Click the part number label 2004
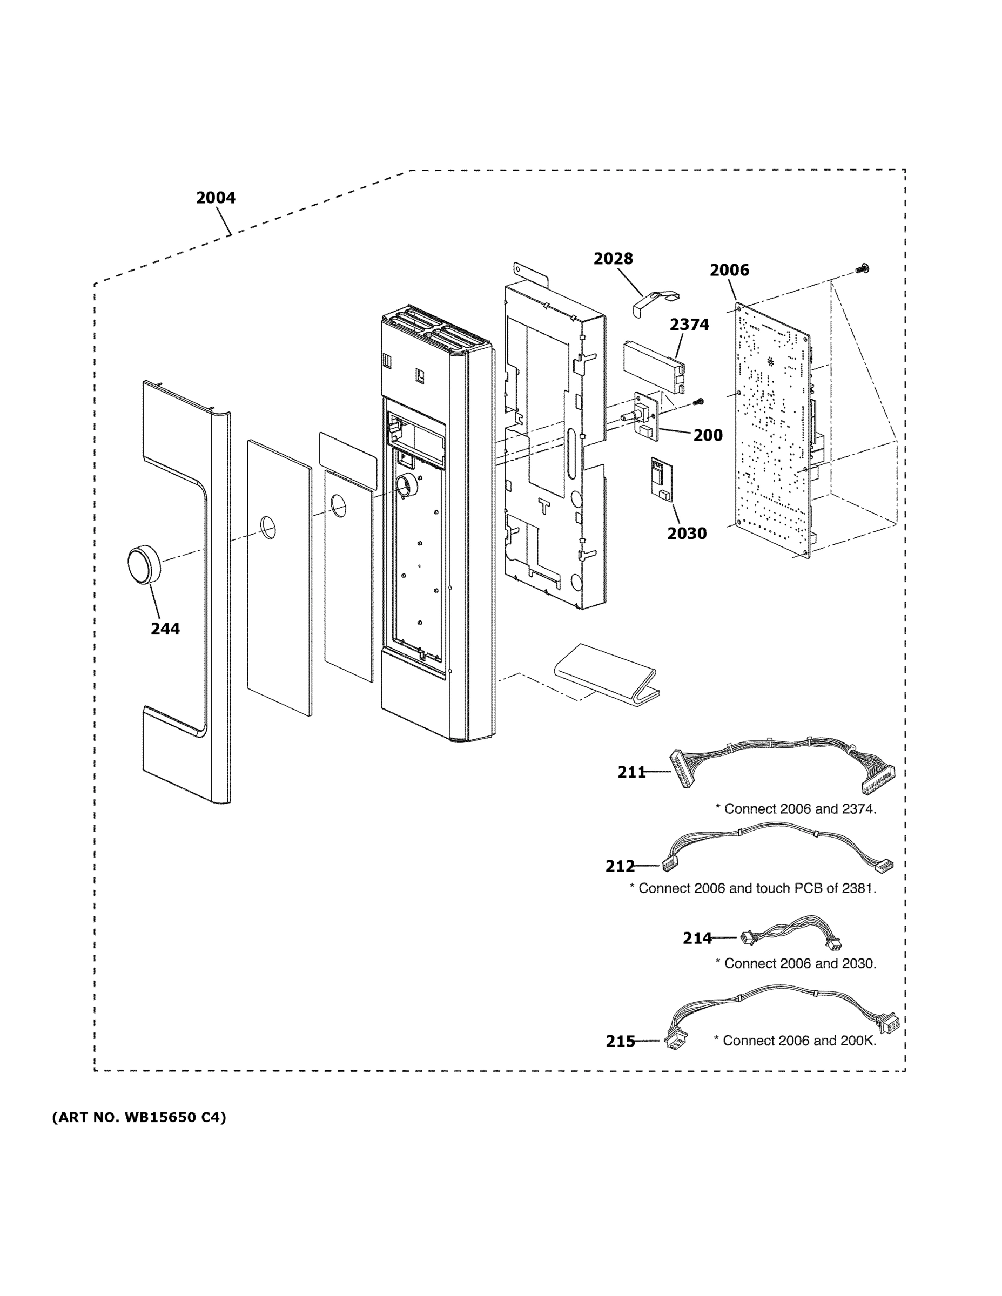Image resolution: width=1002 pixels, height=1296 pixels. pos(216,198)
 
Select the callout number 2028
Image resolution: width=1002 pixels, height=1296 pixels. pos(613,259)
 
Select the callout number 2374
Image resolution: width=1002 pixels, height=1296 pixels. pos(689,325)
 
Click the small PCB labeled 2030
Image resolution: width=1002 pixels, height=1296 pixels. pos(659,478)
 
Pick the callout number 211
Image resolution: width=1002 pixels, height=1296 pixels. pos(631,772)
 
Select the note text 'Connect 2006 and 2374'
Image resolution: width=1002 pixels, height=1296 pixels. pos(796,809)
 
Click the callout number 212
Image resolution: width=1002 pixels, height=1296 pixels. pos(620,866)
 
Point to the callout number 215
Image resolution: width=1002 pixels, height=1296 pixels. pos(620,1042)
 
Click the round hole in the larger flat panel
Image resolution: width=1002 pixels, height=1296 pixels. pos(268,528)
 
